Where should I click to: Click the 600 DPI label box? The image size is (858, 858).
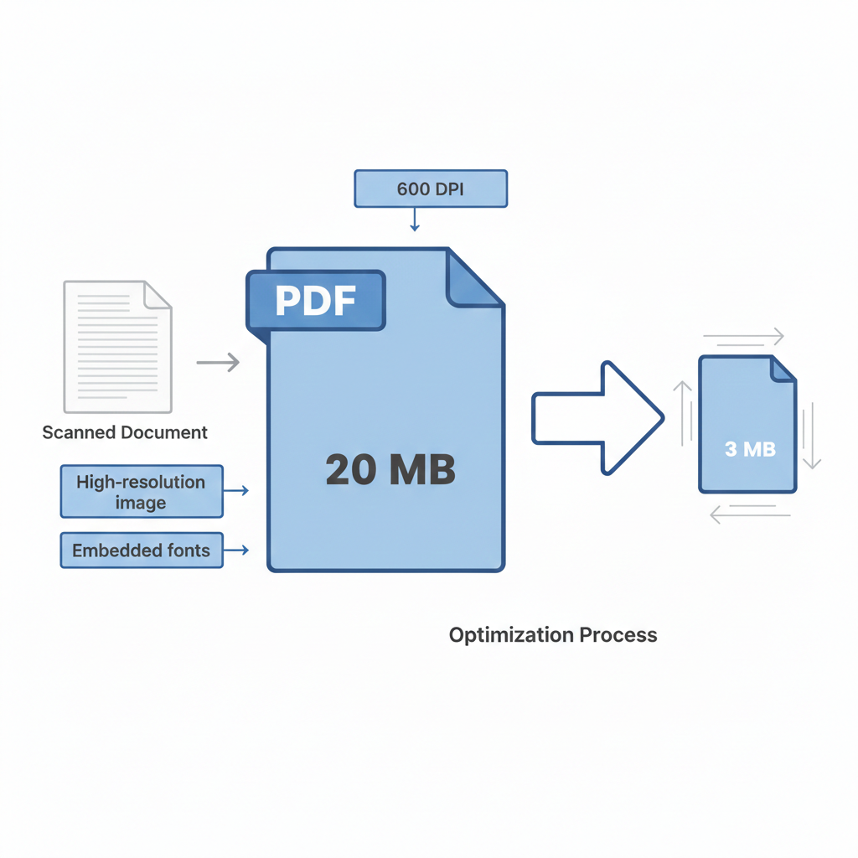[x=431, y=189]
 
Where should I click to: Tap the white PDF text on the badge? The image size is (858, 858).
[x=315, y=301]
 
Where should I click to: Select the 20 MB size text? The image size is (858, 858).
[x=390, y=470]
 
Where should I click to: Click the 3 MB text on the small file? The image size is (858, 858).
[x=750, y=449]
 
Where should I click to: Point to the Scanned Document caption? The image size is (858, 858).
[x=125, y=433]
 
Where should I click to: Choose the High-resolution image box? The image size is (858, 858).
[x=142, y=492]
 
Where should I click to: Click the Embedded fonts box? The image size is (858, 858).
[x=142, y=550]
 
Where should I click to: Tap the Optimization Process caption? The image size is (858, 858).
[x=553, y=634]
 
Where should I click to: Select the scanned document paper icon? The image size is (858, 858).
[x=117, y=347]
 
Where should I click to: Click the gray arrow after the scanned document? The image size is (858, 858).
[x=218, y=363]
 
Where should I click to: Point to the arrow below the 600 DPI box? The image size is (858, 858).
[x=413, y=220]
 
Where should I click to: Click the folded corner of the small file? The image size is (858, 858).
[x=783, y=368]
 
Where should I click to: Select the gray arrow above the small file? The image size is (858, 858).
[x=743, y=337]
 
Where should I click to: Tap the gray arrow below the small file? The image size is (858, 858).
[x=750, y=514]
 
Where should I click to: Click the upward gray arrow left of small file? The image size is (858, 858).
[x=683, y=411]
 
